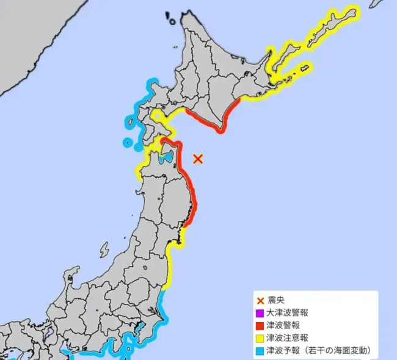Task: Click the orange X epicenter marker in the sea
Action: (197, 159)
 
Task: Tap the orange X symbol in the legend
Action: (260, 300)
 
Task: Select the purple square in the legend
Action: (260, 313)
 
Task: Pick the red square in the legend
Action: (260, 326)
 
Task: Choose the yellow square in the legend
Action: (260, 339)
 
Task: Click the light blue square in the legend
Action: (260, 351)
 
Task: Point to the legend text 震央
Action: (277, 300)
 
